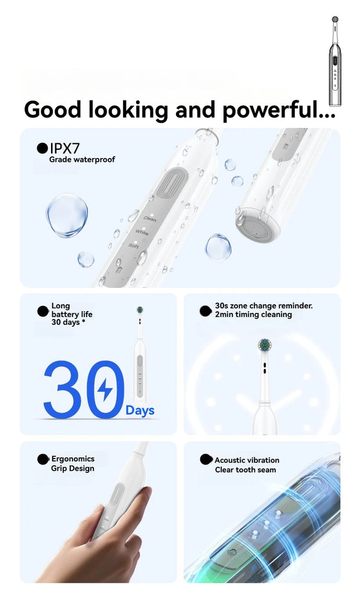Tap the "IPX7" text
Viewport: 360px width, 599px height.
click(x=64, y=149)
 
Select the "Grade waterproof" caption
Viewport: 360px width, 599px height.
click(x=82, y=160)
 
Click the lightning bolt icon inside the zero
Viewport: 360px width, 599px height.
click(x=105, y=390)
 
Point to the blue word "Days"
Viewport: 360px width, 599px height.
click(x=140, y=411)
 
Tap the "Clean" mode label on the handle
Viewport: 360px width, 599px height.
click(x=150, y=219)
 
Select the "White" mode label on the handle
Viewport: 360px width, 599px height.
click(x=142, y=232)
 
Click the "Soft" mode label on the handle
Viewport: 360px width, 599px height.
click(x=134, y=246)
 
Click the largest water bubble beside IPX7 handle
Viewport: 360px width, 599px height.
click(x=67, y=215)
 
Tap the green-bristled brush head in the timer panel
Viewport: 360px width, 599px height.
click(x=264, y=345)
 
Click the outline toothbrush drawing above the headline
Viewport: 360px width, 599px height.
click(x=335, y=61)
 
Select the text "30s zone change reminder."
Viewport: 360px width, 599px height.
click(x=264, y=306)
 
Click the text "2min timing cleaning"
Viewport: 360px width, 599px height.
click(x=253, y=315)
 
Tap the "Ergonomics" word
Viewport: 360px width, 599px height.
click(x=73, y=459)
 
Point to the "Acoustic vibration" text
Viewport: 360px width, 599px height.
click(x=247, y=460)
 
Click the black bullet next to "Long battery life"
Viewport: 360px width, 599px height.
click(x=43, y=311)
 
